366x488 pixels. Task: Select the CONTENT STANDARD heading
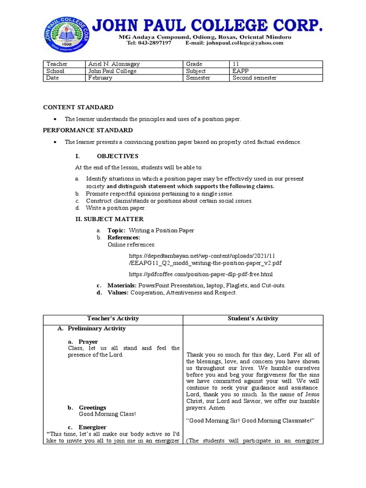pos(78,107)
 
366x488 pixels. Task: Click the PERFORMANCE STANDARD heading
pos(88,130)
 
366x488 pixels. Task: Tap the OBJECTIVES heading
pos(117,156)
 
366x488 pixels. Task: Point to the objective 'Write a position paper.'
pos(116,208)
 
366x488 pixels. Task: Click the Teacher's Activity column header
pos(113,318)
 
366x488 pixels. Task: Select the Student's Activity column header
pos(253,318)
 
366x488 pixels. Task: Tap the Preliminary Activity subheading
pos(97,328)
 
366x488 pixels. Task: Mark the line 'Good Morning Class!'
pos(107,414)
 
